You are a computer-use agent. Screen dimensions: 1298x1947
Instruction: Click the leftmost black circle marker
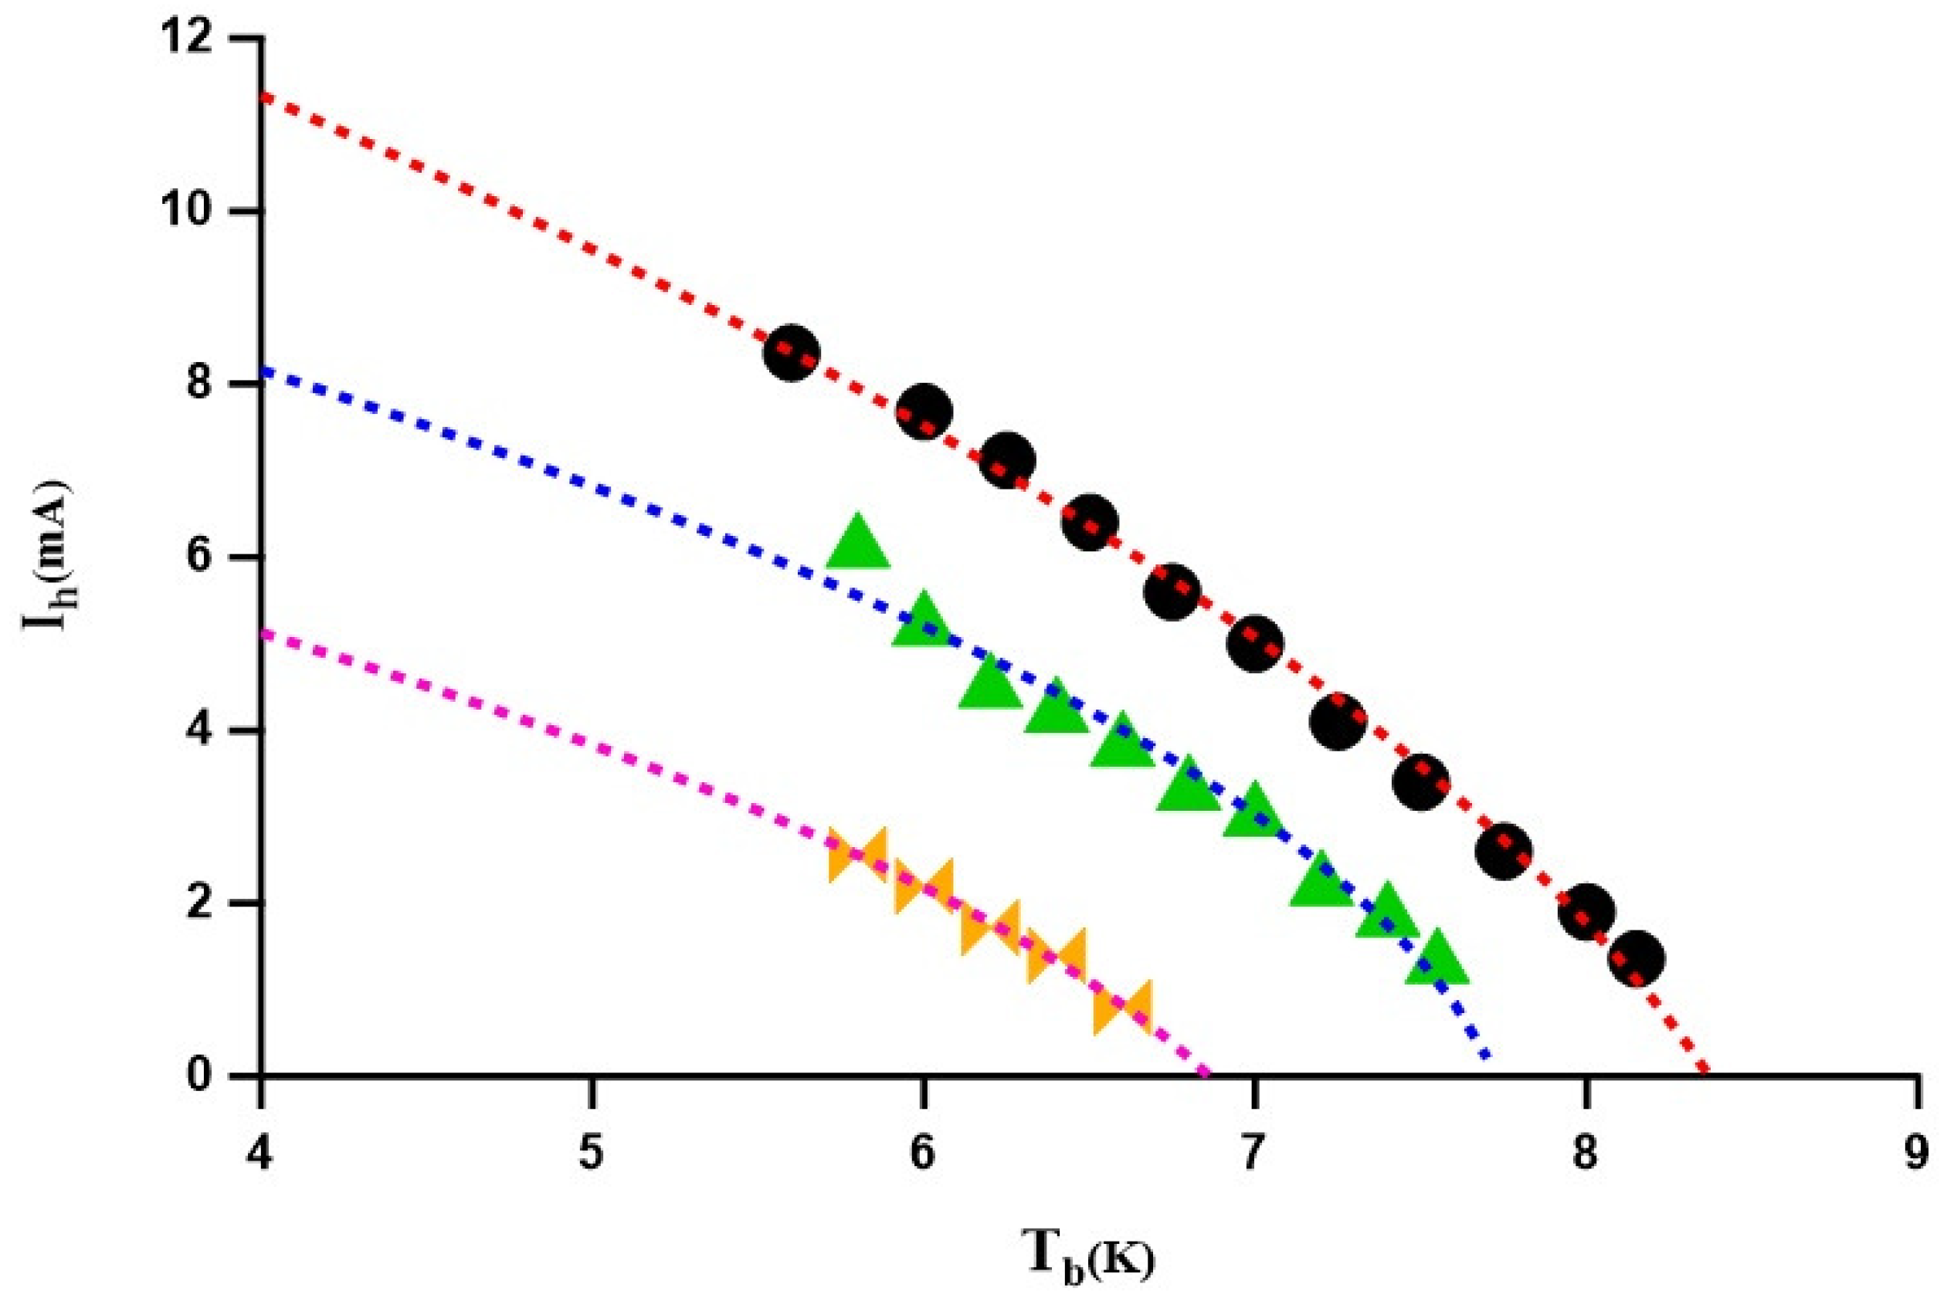791,353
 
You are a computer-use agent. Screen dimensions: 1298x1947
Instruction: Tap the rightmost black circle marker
1636,957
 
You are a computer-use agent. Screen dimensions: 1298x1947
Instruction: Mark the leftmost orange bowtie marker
857,854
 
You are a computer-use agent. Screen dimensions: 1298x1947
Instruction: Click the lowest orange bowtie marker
1122,1008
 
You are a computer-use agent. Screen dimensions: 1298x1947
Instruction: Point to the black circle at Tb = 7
1255,643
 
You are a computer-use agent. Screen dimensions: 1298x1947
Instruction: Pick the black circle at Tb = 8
1586,910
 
